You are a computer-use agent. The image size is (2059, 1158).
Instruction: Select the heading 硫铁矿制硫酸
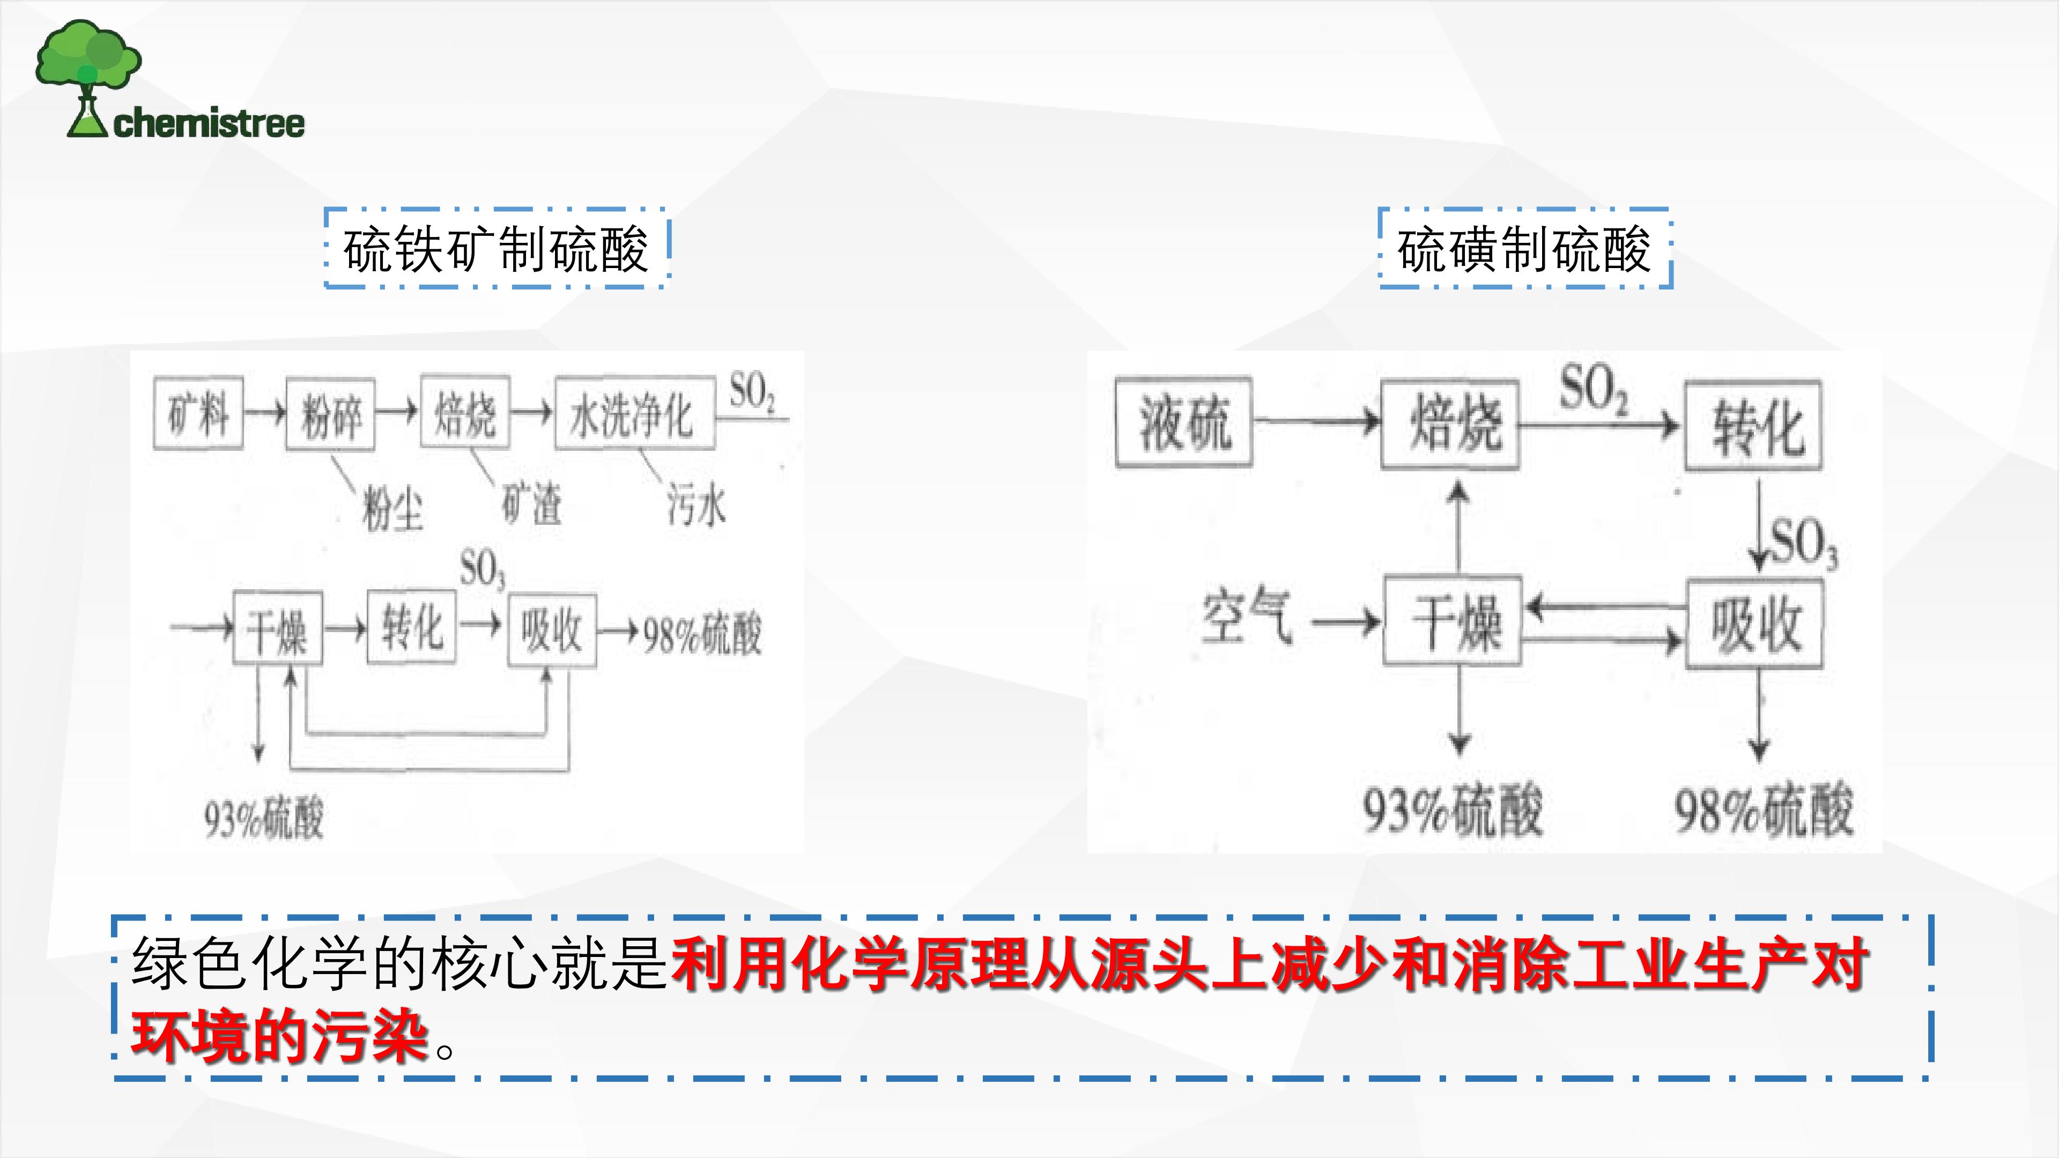495,249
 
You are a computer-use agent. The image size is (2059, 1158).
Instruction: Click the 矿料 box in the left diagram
198,414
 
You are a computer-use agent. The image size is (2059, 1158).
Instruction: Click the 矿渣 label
531,503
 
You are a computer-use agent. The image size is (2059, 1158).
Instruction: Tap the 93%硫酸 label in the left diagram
264,818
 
